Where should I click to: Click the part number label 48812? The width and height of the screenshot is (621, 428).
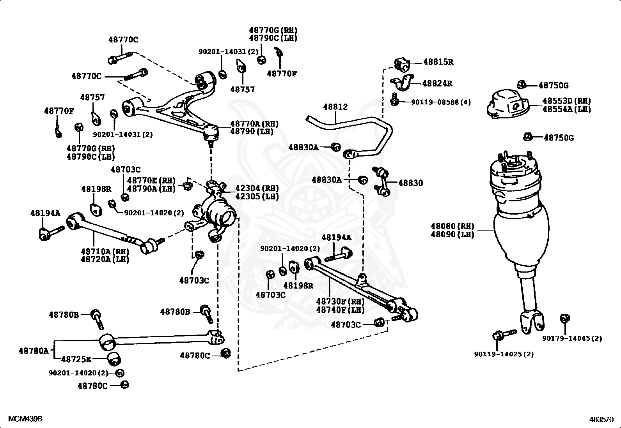point(335,107)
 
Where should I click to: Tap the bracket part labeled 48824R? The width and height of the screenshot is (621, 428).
point(403,83)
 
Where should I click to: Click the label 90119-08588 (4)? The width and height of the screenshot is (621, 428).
point(441,102)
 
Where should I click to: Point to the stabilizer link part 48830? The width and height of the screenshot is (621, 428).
point(382,181)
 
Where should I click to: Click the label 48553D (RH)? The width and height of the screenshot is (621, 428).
point(567,101)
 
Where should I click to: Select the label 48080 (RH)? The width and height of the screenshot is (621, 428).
point(452,226)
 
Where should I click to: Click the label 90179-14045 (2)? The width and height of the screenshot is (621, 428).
point(572,338)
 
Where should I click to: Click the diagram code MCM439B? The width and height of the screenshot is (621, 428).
point(25,419)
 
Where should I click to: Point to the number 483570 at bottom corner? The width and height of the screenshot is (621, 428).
point(601,419)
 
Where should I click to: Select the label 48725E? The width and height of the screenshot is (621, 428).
point(76,359)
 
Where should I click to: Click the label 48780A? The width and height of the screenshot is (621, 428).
point(34,351)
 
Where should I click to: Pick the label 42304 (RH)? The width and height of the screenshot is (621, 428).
point(257,188)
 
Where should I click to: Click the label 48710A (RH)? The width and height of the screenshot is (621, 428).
point(105,251)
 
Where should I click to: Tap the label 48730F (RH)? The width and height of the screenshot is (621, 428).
point(341,301)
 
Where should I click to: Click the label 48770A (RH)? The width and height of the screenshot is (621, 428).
point(254,124)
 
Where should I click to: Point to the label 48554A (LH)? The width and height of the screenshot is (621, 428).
point(567,109)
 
